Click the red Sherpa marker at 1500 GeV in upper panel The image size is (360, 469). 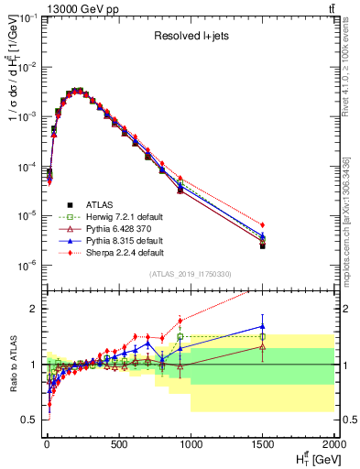pyautogui.click(x=263, y=224)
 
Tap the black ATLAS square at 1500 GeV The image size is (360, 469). pyautogui.click(x=263, y=245)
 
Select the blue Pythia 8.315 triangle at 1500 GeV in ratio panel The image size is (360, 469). pyautogui.click(x=263, y=325)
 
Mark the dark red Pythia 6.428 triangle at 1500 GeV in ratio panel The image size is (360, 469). pyautogui.click(x=263, y=346)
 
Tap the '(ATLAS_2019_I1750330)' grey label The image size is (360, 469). pyautogui.click(x=190, y=274)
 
